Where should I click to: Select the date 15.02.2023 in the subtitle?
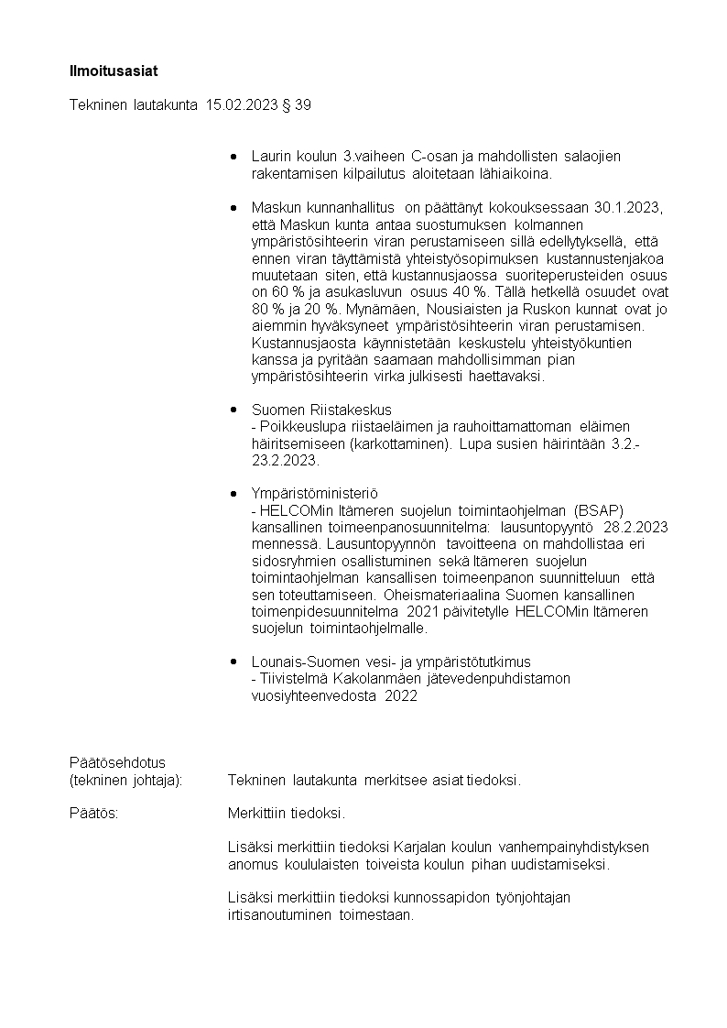coord(243,105)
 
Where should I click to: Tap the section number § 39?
coord(298,105)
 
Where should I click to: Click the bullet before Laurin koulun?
coord(234,157)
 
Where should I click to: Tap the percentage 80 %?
coord(267,309)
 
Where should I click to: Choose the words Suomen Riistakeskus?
coord(321,410)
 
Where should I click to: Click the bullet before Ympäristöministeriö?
coord(234,493)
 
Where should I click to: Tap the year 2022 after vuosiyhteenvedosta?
coord(400,695)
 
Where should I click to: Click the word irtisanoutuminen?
coord(281,914)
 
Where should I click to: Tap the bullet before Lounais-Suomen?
coord(234,661)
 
